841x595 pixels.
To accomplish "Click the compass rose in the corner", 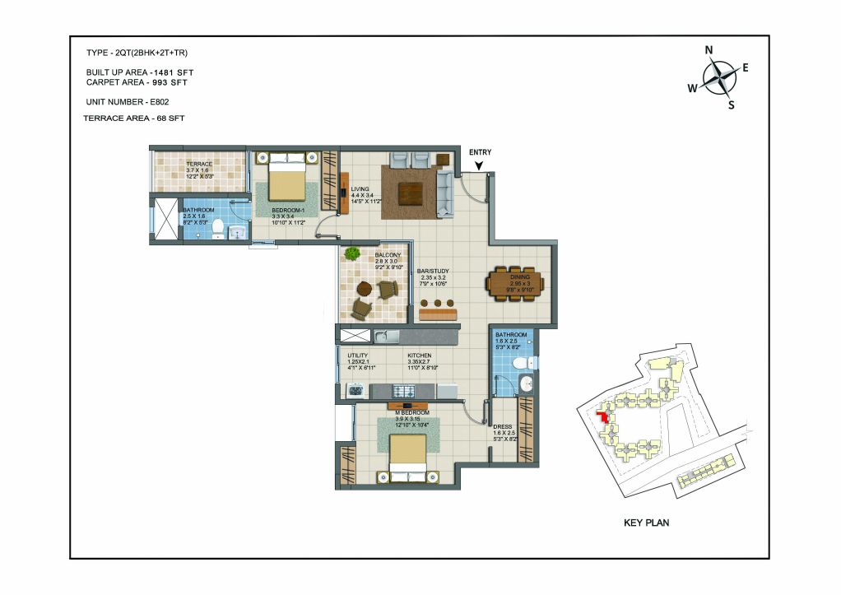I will coord(719,77).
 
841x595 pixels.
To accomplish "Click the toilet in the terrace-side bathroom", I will coord(217,227).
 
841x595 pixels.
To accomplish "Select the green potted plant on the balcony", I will coord(352,253).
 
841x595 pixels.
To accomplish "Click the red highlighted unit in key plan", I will coord(605,415).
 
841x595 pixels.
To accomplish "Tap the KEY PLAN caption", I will coord(649,522).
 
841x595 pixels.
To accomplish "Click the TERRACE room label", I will coord(198,165).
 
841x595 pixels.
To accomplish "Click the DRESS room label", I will coord(502,426).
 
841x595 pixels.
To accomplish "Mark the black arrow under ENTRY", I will coord(479,165).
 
